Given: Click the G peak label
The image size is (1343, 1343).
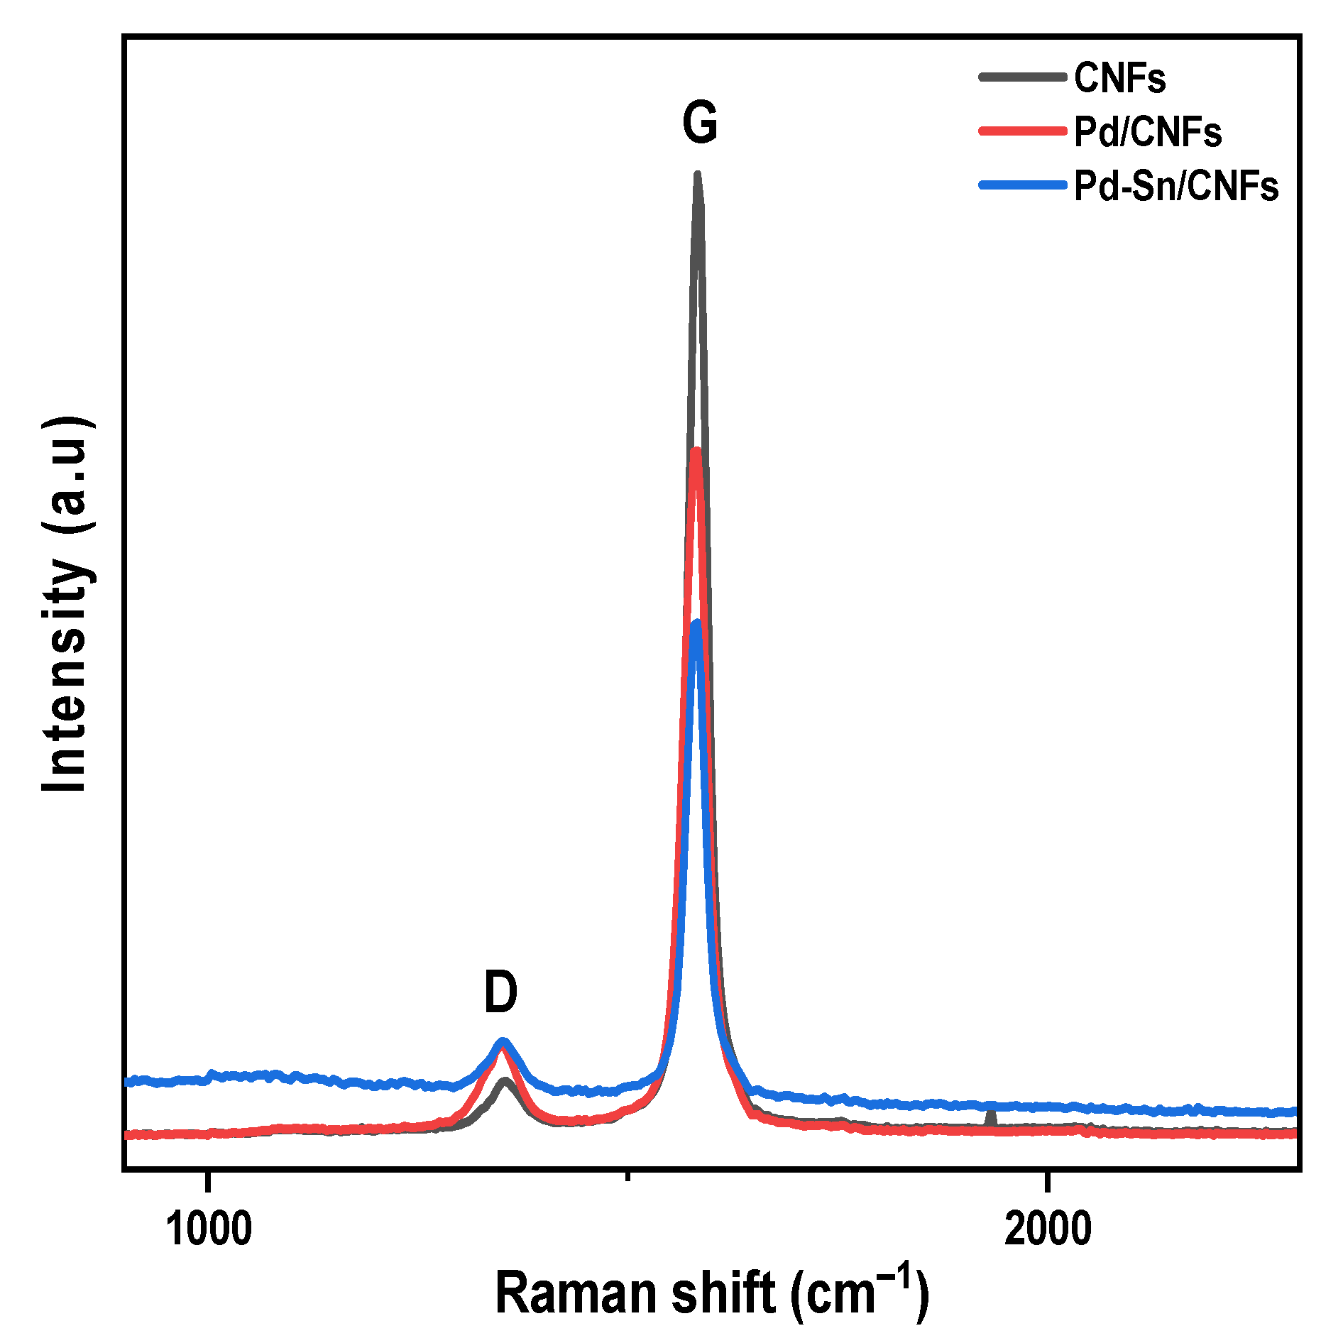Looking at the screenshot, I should (700, 123).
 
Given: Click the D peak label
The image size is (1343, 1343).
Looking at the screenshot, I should (500, 992).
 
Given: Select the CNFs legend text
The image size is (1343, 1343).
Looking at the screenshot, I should (1119, 77).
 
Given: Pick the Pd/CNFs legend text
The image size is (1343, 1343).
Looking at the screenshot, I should (1147, 132).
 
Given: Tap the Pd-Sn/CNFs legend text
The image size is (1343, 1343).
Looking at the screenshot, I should (1175, 187).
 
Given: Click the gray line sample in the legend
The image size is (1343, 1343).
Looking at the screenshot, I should (1022, 77).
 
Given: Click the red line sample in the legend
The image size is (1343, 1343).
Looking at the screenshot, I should (1022, 131).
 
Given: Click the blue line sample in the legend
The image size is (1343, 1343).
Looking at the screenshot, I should (1022, 185).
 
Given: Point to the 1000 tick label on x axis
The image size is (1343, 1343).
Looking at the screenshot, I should (209, 1229).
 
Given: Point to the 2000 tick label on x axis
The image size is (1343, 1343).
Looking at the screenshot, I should (1048, 1229).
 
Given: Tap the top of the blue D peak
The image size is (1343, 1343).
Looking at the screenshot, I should (503, 1041).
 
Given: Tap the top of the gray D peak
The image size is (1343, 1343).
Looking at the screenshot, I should (505, 1082).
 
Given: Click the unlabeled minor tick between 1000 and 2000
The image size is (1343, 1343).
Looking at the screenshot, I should (627, 1176).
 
